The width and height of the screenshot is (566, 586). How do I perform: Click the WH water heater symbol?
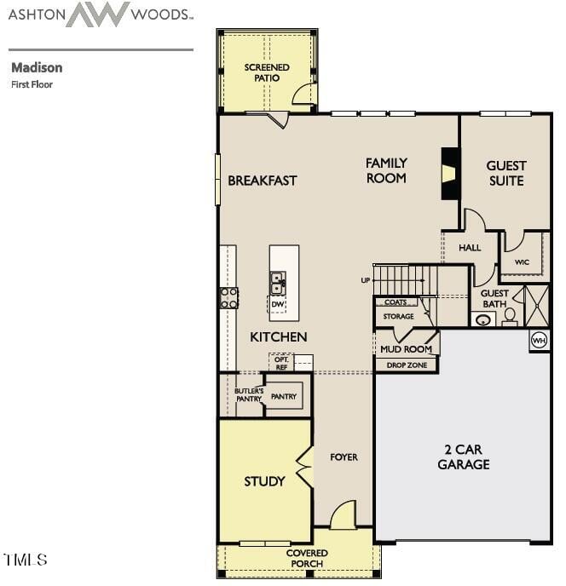point(539,341)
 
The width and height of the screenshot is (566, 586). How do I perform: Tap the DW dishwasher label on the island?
point(278,304)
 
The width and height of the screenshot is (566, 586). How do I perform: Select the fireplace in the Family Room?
point(450,174)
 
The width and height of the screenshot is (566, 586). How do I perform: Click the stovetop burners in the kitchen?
point(229,298)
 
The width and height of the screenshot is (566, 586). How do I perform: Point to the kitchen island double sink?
point(278,283)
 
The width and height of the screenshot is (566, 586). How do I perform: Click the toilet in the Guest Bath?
point(510,316)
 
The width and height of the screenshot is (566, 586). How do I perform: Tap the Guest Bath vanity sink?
point(483,320)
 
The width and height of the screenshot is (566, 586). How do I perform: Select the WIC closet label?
point(522,262)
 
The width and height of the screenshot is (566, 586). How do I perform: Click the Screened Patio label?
point(267,72)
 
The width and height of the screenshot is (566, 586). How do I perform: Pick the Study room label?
point(264,481)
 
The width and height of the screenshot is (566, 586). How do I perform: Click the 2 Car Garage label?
point(464,457)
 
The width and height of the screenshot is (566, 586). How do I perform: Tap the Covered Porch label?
point(307,559)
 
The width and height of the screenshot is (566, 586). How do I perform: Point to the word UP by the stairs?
point(366,280)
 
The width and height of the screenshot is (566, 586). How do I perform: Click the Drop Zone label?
point(407,365)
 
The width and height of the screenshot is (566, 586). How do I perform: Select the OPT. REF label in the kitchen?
point(281,363)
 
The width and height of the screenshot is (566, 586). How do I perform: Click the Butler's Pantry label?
point(249,395)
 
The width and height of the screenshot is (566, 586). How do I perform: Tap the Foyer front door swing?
point(343,514)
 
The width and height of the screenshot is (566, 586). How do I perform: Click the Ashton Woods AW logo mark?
point(98,14)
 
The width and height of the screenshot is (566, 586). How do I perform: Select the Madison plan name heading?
point(37,67)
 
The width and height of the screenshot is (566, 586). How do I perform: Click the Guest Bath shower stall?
point(537,306)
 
